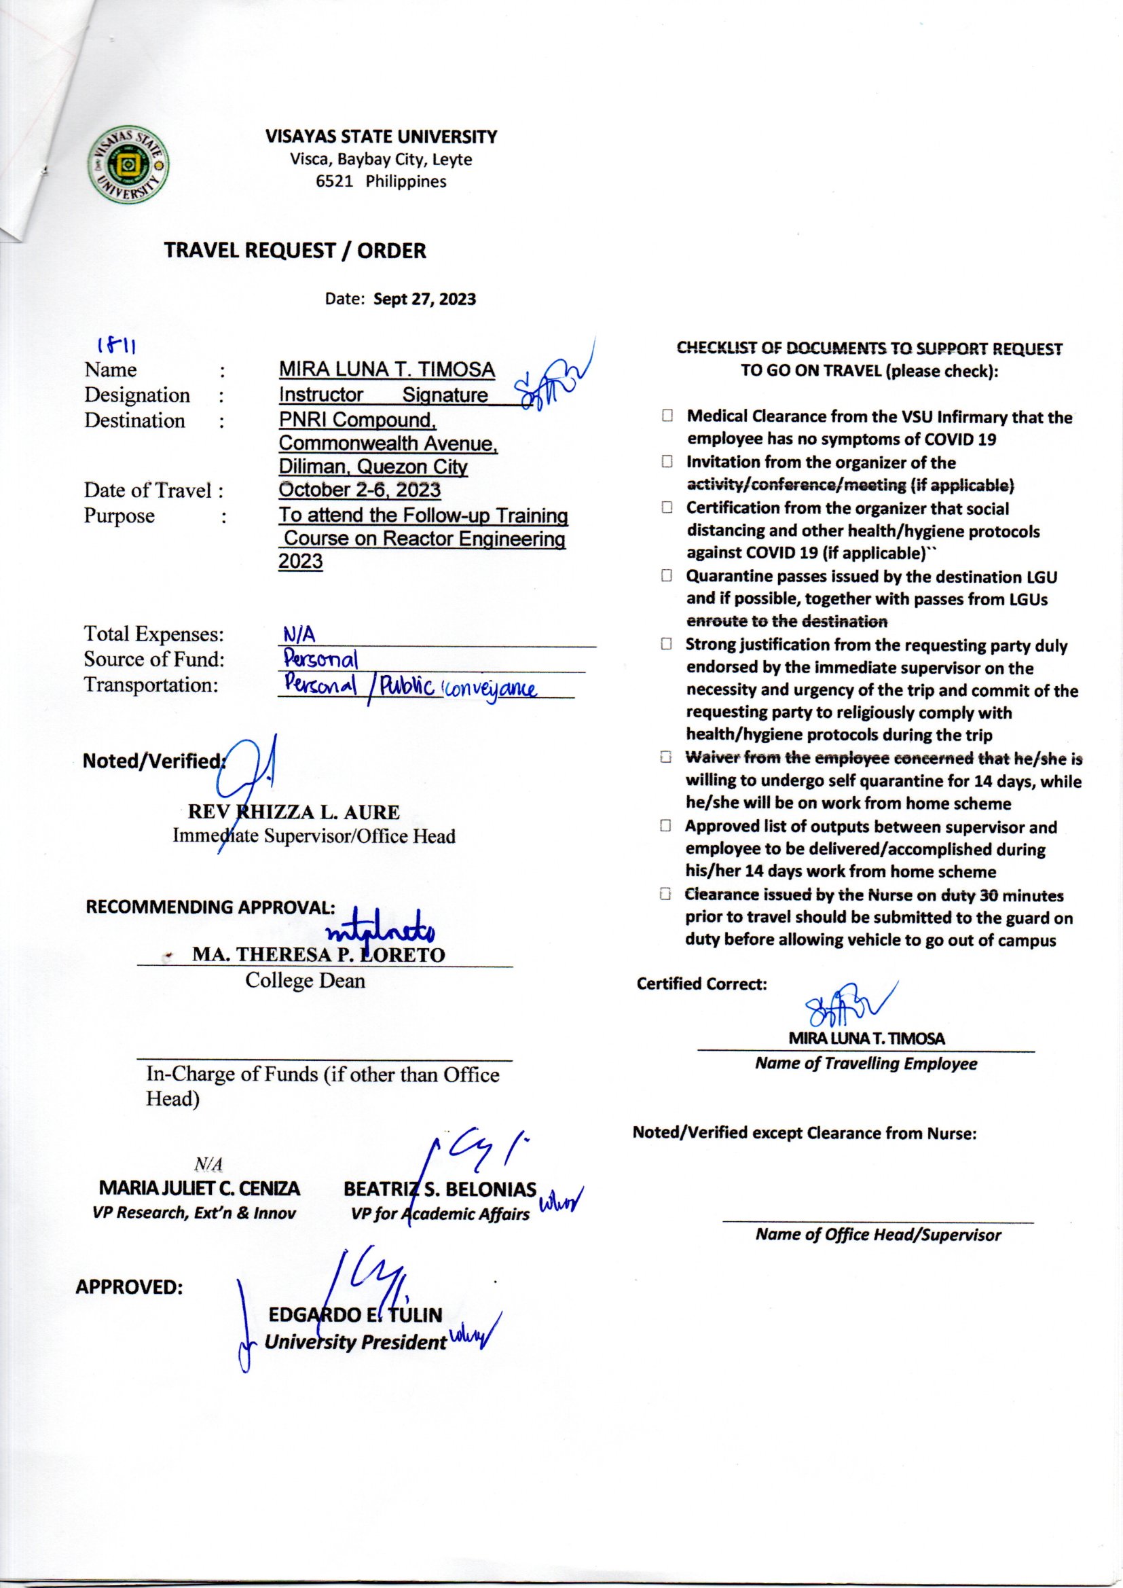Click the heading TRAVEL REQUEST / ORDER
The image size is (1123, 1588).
click(295, 251)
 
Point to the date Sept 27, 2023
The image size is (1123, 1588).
click(424, 300)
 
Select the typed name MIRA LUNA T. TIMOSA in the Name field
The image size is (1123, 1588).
click(386, 370)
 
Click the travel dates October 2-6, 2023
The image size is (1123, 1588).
click(359, 490)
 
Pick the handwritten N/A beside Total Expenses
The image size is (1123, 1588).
click(299, 634)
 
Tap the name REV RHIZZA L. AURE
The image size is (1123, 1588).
click(293, 812)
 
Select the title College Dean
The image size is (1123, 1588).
click(305, 980)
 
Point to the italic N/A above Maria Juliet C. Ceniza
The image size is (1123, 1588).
click(209, 1165)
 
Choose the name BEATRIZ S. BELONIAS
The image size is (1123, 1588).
click(440, 1189)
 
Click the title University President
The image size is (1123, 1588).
click(355, 1343)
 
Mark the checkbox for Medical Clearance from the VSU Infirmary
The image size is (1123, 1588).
click(667, 416)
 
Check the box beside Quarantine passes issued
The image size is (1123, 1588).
click(667, 576)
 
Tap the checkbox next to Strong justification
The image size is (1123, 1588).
click(667, 644)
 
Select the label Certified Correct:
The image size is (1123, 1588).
click(702, 984)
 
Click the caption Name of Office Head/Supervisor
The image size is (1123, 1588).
click(877, 1235)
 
